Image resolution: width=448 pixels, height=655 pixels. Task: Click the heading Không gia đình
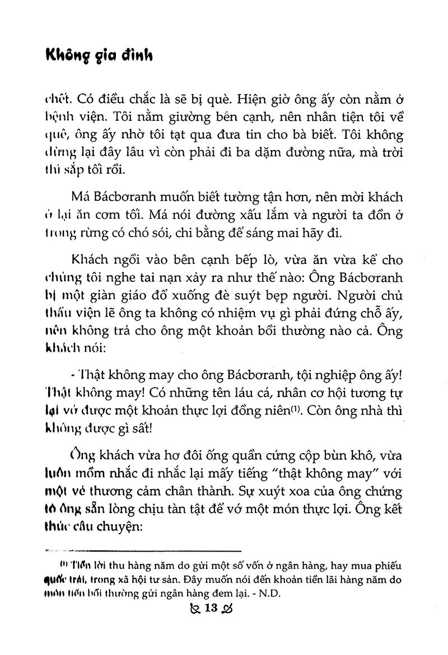pyautogui.click(x=99, y=56)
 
